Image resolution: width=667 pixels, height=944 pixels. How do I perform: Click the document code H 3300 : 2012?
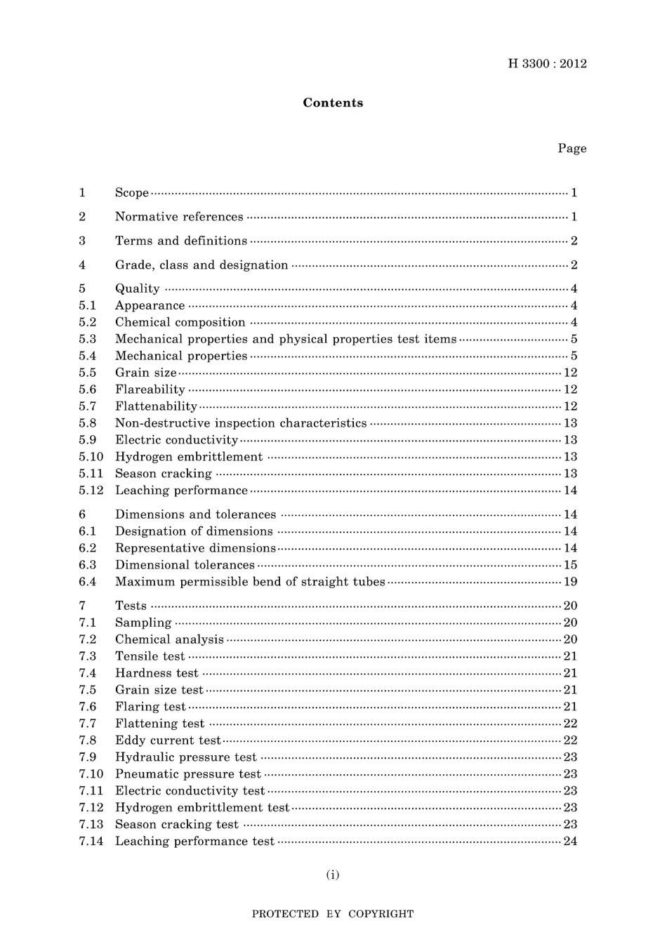tap(547, 64)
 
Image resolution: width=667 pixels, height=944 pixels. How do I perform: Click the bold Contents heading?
tap(333, 102)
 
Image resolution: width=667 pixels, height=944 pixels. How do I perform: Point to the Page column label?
tap(572, 148)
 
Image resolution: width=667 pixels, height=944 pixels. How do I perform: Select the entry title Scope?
tap(132, 192)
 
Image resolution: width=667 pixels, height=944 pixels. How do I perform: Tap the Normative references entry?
tap(179, 217)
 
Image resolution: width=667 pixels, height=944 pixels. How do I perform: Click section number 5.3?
tap(88, 339)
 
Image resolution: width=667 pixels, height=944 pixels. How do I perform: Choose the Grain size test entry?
tap(159, 690)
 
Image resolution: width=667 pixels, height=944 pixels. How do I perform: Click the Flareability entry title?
tap(150, 390)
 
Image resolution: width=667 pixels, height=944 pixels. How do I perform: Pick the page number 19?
tap(570, 582)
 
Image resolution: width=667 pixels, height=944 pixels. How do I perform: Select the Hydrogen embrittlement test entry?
tap(202, 808)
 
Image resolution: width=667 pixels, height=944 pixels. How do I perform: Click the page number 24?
tap(570, 842)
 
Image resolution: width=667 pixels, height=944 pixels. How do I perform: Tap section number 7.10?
tap(91, 774)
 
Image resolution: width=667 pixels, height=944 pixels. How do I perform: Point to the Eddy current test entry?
tap(169, 740)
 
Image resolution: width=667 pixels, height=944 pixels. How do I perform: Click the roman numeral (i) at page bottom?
tap(333, 875)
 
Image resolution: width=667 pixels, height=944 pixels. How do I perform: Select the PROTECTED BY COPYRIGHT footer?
tap(333, 914)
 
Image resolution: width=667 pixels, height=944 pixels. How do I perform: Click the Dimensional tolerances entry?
tap(185, 565)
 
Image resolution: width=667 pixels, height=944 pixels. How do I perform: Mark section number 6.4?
tap(88, 582)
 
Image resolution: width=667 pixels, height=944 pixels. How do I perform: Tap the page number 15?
tap(570, 565)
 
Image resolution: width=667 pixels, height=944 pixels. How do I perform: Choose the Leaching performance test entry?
tap(194, 842)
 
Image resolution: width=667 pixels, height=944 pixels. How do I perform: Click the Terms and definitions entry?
tap(181, 241)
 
